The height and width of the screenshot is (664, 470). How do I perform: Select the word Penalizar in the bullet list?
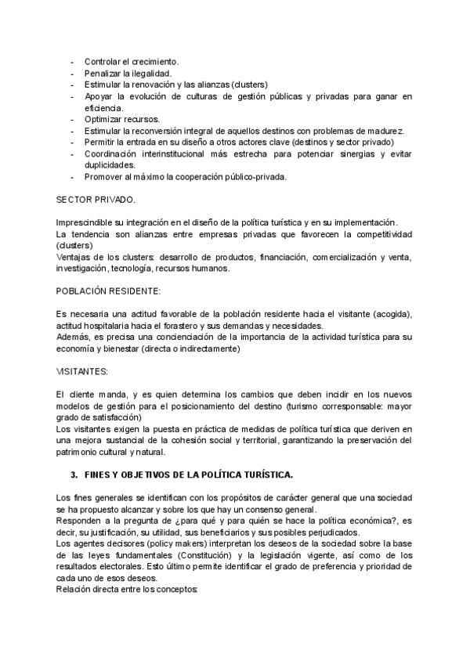(x=103, y=73)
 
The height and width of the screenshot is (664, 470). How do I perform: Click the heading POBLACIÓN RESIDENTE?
(x=108, y=290)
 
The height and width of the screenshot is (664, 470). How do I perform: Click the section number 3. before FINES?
(x=74, y=475)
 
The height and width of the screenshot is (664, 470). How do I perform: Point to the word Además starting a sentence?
(x=76, y=337)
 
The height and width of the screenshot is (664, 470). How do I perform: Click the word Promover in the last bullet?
(x=104, y=176)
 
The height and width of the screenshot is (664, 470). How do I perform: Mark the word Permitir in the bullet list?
(x=101, y=142)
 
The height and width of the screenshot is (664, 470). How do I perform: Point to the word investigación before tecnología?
(x=81, y=268)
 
